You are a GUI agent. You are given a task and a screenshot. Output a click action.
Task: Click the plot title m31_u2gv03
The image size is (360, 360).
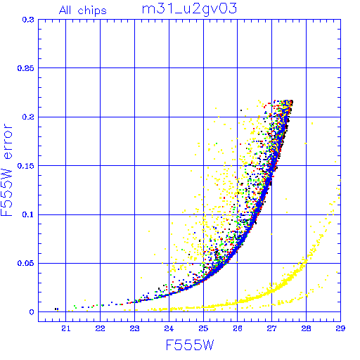189,10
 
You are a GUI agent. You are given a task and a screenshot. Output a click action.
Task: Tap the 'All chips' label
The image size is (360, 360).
83,11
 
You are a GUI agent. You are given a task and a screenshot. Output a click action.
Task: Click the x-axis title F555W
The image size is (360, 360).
190,345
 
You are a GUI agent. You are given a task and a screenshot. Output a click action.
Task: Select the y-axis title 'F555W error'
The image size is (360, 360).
6,170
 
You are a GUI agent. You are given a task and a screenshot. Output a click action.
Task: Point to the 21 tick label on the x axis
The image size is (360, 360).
66,328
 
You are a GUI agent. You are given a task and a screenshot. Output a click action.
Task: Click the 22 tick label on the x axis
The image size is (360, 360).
100,328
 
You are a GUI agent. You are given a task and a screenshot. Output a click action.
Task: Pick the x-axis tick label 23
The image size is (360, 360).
134,328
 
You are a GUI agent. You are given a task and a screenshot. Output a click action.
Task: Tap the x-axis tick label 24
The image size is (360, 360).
169,328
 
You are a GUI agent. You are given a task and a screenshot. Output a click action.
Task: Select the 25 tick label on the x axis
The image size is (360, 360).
203,328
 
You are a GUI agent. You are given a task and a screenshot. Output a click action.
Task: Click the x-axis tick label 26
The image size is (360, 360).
238,328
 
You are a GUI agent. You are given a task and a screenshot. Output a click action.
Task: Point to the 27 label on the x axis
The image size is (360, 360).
271,328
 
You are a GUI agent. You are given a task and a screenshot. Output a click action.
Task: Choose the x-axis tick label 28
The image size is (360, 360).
306,328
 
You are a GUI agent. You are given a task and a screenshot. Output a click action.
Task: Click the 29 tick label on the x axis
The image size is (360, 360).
340,328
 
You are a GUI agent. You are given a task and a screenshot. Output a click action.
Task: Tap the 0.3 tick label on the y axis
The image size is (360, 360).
28,20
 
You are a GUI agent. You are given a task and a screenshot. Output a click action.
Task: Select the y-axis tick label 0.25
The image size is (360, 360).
26,68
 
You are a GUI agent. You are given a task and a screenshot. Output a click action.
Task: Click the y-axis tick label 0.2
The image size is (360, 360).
28,117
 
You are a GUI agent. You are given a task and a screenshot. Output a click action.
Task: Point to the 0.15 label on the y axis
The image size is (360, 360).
26,166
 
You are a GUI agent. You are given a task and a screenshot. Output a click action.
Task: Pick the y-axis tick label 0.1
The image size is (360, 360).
28,214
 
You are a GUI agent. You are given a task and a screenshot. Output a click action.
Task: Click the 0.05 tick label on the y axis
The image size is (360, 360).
26,263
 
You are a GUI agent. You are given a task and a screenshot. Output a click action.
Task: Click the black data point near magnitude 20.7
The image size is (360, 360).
56,309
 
